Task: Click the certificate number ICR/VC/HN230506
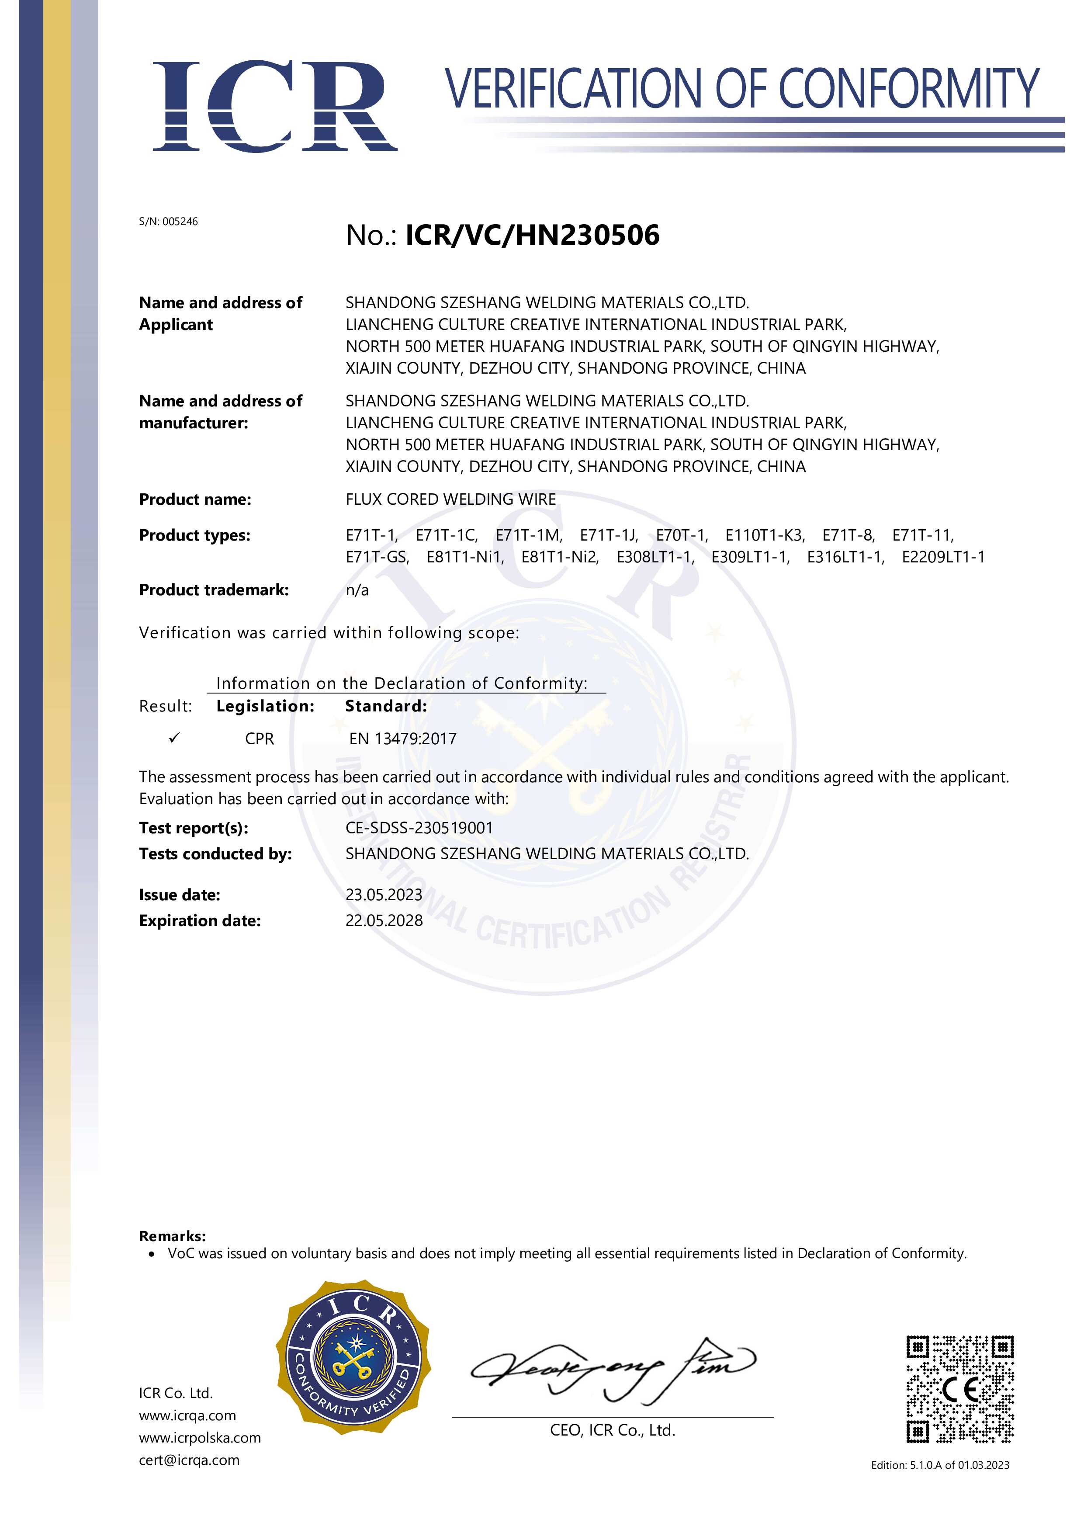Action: (x=532, y=235)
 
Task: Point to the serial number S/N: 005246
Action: (x=168, y=222)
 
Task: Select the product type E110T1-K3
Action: (x=765, y=535)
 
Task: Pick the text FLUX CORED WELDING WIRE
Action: (x=450, y=499)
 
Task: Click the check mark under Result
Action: (x=175, y=738)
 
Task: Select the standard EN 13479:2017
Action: (x=403, y=739)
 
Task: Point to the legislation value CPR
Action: (x=259, y=739)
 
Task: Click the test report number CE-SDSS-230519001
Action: (x=419, y=828)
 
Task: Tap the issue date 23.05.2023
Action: (x=384, y=895)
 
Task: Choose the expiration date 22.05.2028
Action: (x=384, y=921)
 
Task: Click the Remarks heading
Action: (x=172, y=1236)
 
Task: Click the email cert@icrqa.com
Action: (x=189, y=1460)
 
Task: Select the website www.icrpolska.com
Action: (x=200, y=1438)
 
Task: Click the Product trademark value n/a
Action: (x=357, y=590)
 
